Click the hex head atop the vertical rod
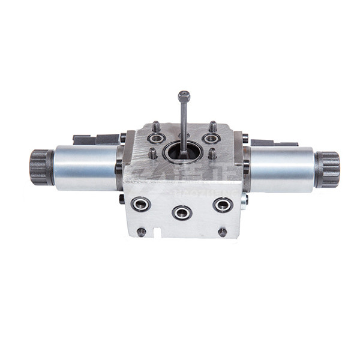click(x=184, y=95)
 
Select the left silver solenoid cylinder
click(x=85, y=167)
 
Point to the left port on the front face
click(x=141, y=204)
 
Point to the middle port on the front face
click(x=182, y=212)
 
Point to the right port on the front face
click(x=223, y=205)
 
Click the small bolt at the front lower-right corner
click(x=223, y=232)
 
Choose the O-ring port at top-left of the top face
click(x=157, y=139)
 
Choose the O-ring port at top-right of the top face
click(x=211, y=139)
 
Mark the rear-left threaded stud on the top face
click(x=155, y=126)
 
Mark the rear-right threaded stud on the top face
click(x=212, y=126)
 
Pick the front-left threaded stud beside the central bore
click(x=153, y=153)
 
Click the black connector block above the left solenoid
click(x=96, y=139)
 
